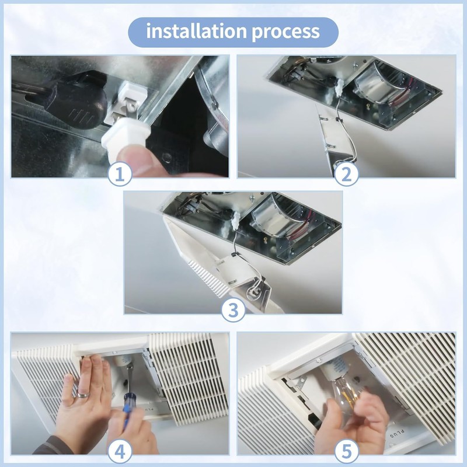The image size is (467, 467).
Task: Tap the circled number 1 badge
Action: pyautogui.click(x=120, y=174)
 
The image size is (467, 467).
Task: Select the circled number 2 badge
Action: pyautogui.click(x=346, y=174)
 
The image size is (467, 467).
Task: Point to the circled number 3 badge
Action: pyautogui.click(x=233, y=309)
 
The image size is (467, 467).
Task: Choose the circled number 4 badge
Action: pyautogui.click(x=120, y=452)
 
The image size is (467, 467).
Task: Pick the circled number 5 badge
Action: pyautogui.click(x=347, y=452)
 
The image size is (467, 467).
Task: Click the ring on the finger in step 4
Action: pyautogui.click(x=83, y=395)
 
